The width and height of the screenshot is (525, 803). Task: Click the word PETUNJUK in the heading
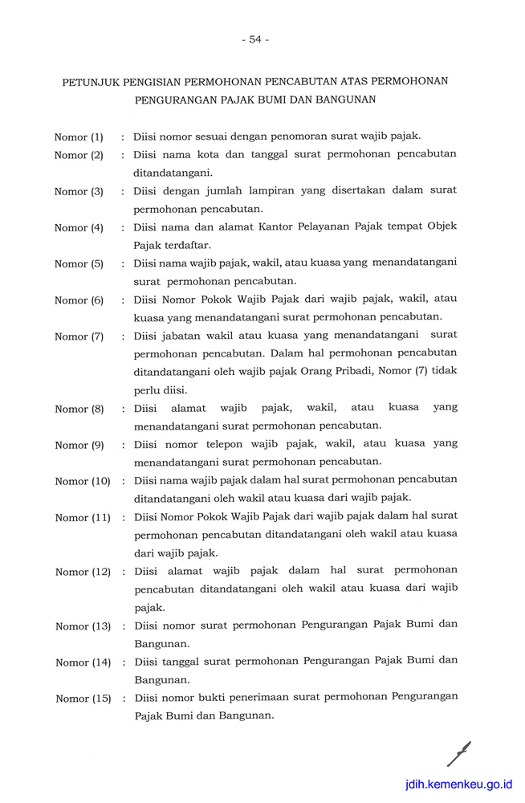[91, 82]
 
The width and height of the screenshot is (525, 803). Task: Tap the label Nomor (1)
[79, 137]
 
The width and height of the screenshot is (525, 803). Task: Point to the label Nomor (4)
[79, 227]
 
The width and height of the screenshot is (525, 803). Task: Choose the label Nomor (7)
[79, 336]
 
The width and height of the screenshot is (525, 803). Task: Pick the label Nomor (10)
[83, 481]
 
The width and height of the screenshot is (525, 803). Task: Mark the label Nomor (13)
[83, 626]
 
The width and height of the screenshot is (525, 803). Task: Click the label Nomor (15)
[83, 699]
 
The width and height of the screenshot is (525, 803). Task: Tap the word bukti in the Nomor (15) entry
[212, 697]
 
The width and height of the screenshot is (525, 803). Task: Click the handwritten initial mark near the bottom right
[458, 754]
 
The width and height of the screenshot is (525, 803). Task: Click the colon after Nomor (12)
[123, 572]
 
